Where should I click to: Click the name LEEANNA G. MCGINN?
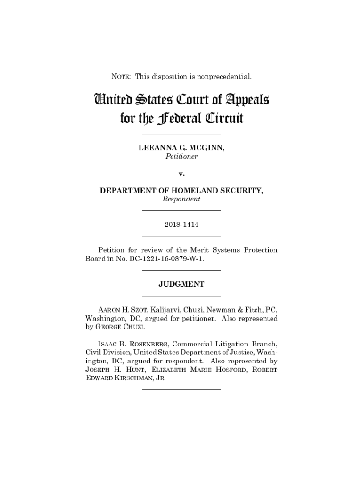coord(181,148)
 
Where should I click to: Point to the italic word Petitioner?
coord(181,156)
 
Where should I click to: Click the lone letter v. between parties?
coord(181,173)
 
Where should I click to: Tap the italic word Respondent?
coord(181,199)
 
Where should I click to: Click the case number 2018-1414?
coord(181,225)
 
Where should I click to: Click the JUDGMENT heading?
coord(181,284)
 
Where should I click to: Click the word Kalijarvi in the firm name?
coord(168,310)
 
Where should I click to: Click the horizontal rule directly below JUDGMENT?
coord(181,295)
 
